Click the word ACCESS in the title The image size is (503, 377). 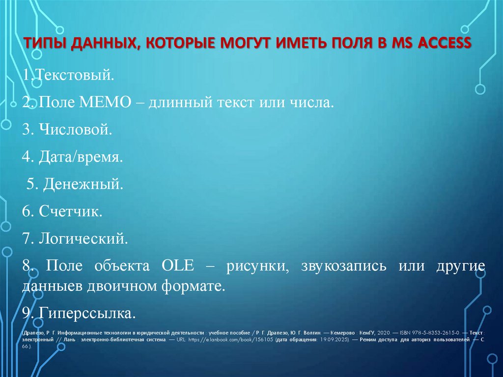pyautogui.click(x=445, y=44)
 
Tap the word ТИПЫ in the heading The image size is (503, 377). pyautogui.click(x=44, y=44)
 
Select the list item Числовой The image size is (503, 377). pyautogui.click(x=74, y=131)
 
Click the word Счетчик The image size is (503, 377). pyautogui.click(x=69, y=212)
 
